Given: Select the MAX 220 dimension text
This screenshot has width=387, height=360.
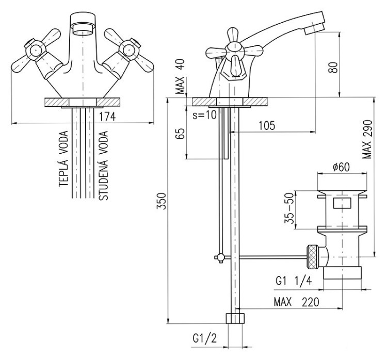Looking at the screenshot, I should coord(296,301).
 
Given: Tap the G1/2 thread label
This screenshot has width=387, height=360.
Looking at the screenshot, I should coord(204,339).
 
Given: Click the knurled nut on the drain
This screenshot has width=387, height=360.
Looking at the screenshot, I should coord(313,256).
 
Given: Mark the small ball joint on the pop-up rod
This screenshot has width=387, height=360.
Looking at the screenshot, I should coord(220,257).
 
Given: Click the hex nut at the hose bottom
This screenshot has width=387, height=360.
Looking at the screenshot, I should coord(235,318).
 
